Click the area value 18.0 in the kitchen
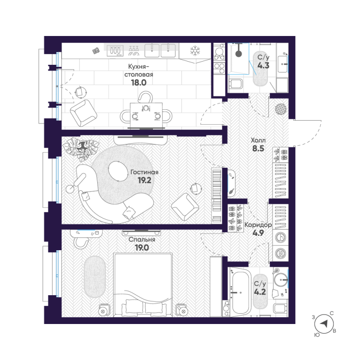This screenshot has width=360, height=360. point(139,82)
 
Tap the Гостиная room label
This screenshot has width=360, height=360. point(144,172)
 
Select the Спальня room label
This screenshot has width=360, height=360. point(142,239)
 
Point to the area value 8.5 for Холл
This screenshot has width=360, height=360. point(258,148)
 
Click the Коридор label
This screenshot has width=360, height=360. point(258,225)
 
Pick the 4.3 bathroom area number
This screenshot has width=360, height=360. point(263,65)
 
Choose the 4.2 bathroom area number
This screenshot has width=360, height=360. point(260,292)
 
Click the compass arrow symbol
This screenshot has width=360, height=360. point(324,324)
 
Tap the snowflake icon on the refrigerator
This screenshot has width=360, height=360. point(195,51)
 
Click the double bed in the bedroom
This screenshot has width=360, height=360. point(143,285)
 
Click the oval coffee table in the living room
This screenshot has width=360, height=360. point(118,171)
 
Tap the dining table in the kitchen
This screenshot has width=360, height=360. point(146,115)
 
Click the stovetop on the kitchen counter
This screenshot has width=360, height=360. point(115,51)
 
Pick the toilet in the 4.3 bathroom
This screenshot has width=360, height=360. point(236,84)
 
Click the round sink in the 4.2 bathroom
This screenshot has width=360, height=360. point(281,279)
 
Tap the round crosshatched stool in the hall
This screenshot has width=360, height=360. point(281,109)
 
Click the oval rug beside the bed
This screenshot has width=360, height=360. point(95,277)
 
